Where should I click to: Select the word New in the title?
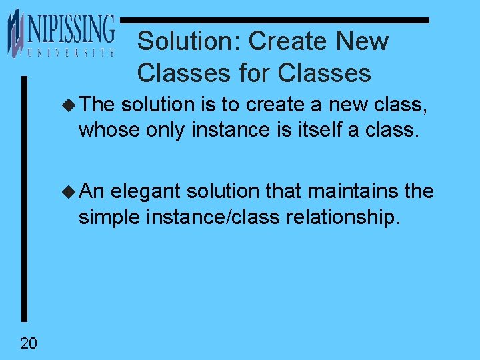362,41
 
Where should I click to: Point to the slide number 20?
29,343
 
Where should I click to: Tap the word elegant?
146,191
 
